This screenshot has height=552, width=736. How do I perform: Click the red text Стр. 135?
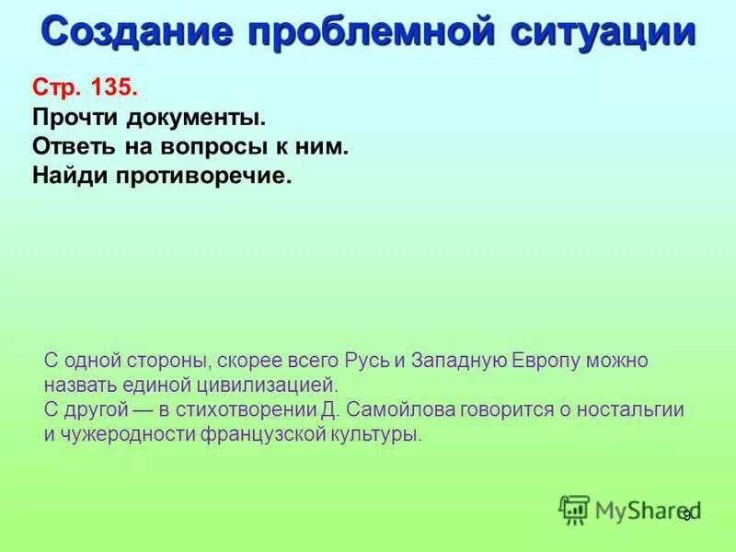click(x=86, y=89)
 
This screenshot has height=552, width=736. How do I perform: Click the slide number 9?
click(x=685, y=516)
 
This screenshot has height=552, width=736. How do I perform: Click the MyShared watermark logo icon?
click(x=574, y=509)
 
